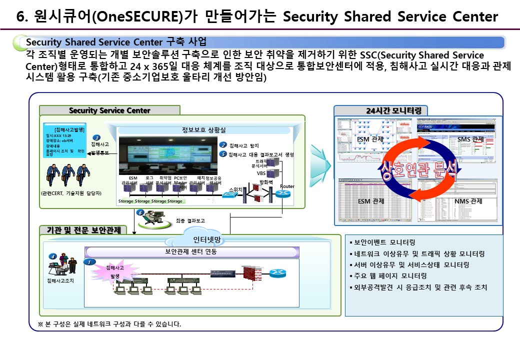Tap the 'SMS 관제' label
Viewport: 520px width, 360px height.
pos(470,138)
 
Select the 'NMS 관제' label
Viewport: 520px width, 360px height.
pos(468,201)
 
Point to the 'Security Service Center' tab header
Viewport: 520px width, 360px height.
pos(109,110)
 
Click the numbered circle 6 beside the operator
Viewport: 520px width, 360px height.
pos(140,213)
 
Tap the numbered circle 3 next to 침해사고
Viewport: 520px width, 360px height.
pos(96,138)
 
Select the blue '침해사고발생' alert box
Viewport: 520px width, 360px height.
pos(64,141)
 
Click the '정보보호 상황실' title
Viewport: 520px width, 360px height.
pos(203,130)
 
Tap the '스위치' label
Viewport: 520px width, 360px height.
pos(234,189)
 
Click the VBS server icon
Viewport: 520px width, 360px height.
pos(272,173)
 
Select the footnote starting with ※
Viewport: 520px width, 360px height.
pos(109,323)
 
